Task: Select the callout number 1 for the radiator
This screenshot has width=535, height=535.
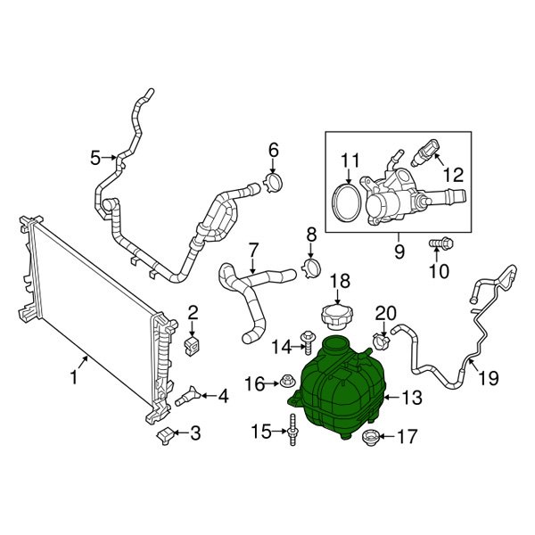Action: click(x=75, y=378)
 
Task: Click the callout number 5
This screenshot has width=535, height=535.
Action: click(x=95, y=159)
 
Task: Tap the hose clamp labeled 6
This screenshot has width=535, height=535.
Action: click(x=273, y=185)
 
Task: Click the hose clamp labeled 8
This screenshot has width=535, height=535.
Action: click(x=312, y=267)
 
